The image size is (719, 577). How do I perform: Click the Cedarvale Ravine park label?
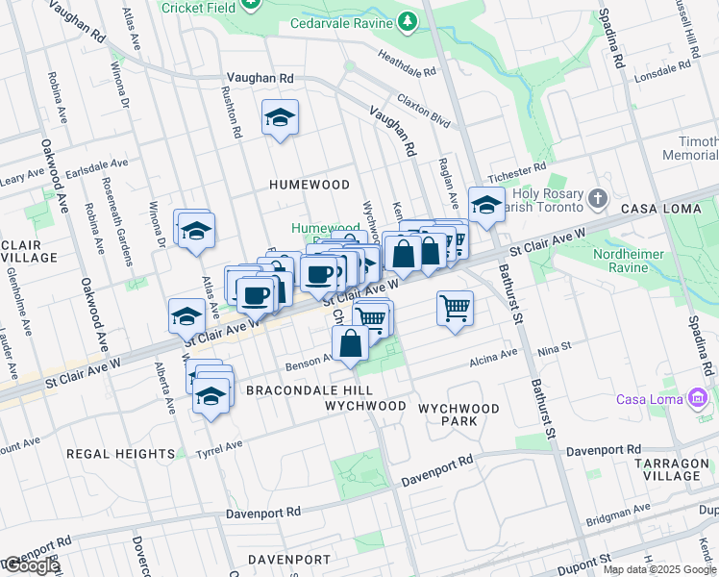[x=341, y=22]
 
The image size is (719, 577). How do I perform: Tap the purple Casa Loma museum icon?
[x=699, y=398]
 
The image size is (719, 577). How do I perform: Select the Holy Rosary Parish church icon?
[x=598, y=199]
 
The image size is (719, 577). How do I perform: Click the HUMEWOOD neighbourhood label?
[x=309, y=184]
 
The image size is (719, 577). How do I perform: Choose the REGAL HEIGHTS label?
[x=121, y=453]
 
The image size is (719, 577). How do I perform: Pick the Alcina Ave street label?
[x=493, y=363]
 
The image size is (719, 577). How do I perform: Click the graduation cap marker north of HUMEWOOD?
[x=280, y=118]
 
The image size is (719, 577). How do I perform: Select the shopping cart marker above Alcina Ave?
[x=455, y=309]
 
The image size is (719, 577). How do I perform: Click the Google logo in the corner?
[x=31, y=565]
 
